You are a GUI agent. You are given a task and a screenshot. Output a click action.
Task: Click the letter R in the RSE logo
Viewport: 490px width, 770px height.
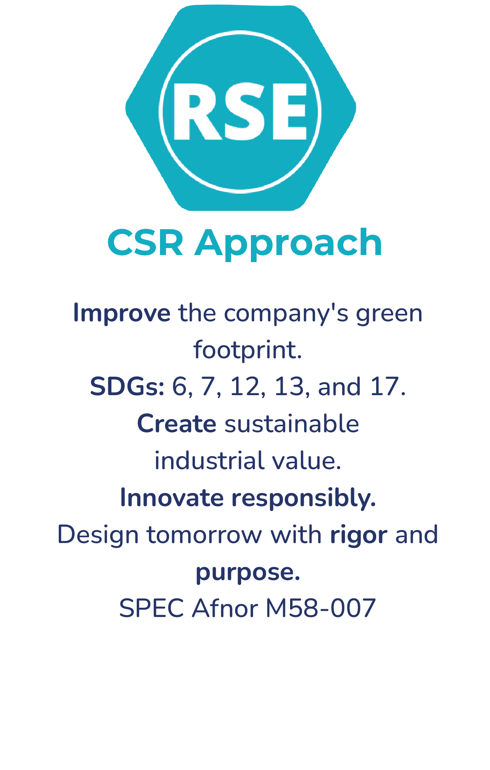tap(198, 112)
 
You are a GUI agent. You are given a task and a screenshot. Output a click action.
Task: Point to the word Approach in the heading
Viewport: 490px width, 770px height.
tap(289, 244)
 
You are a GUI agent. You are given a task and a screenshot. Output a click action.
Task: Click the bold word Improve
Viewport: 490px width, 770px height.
tap(122, 313)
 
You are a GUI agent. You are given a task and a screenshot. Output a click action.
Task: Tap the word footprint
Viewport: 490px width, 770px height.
tap(248, 350)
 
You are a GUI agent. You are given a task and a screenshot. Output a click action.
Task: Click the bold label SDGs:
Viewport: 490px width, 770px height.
tap(127, 387)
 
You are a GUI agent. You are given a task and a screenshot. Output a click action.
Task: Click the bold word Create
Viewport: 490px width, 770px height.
tap(177, 424)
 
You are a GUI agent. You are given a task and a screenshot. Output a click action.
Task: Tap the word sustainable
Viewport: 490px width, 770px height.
tap(292, 424)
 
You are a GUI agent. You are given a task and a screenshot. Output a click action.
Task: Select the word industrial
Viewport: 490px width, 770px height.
tap(210, 461)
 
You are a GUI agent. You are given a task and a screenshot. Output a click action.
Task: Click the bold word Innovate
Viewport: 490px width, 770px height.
tap(172, 498)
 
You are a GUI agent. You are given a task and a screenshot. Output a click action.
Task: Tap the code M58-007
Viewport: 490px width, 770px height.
tap(321, 608)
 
